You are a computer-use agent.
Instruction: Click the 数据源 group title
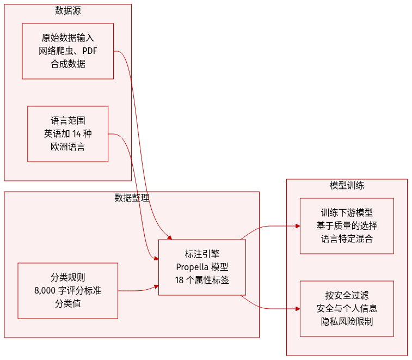(x=68, y=10)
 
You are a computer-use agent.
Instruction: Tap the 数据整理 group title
(x=132, y=198)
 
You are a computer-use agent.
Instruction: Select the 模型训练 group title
(x=347, y=185)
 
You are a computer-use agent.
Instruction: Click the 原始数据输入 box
(x=68, y=51)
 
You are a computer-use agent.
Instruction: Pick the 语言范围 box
(x=68, y=134)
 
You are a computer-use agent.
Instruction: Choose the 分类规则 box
(x=68, y=291)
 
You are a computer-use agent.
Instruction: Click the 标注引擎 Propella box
(x=202, y=267)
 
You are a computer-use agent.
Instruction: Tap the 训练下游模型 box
(x=347, y=226)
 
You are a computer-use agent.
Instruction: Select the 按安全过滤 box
(x=347, y=308)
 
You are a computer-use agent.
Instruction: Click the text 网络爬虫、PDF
(x=68, y=51)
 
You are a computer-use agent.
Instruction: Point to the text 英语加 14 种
(x=68, y=134)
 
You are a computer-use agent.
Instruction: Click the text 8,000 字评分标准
(x=68, y=291)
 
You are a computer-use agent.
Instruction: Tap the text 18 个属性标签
(x=202, y=280)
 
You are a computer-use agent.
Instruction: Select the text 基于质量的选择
(x=347, y=225)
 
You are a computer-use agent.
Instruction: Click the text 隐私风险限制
(x=347, y=321)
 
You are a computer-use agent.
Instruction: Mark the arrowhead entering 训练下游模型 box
(x=297, y=225)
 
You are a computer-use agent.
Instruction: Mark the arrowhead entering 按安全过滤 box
(x=297, y=308)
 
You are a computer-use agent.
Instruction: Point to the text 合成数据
(x=68, y=64)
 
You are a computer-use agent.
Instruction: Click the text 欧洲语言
(x=68, y=147)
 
